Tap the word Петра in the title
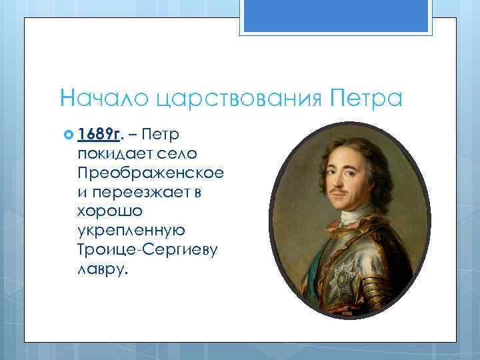367,99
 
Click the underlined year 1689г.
99,135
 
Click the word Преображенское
150,172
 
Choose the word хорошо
106,211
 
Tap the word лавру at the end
100,268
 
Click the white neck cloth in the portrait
353,217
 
